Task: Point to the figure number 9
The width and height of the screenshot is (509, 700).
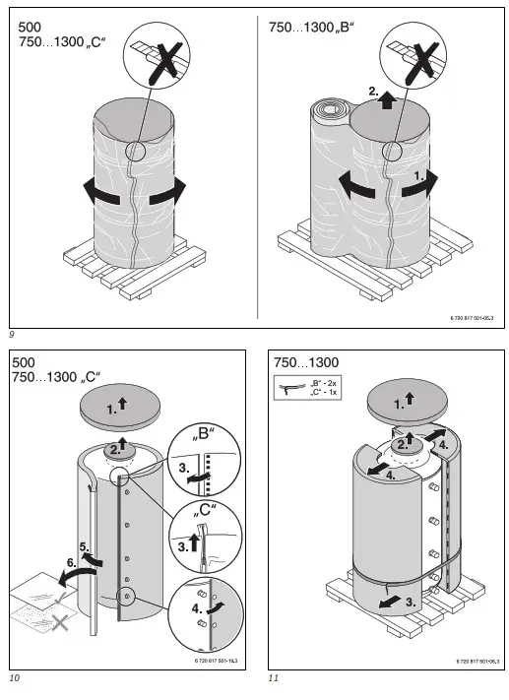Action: tap(12, 337)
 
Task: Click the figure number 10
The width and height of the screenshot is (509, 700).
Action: tap(14, 678)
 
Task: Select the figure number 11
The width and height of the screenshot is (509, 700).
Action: tap(274, 678)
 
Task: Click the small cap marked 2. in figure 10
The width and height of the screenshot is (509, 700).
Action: tap(118, 449)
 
